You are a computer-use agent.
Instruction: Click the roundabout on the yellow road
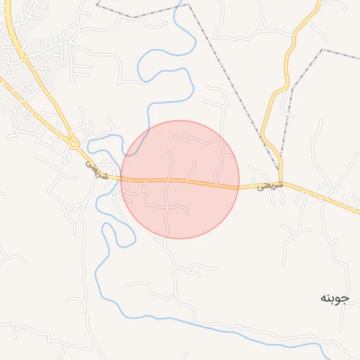tap(74, 143)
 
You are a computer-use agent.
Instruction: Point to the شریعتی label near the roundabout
tap(98, 169)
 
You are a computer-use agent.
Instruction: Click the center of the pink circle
tap(180, 180)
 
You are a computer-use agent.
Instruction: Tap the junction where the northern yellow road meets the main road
tap(281, 181)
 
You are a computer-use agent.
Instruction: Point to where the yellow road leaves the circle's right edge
tap(239, 186)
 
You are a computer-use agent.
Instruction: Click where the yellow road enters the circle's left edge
tap(122, 179)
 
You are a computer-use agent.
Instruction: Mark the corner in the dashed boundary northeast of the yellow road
tap(295, 86)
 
